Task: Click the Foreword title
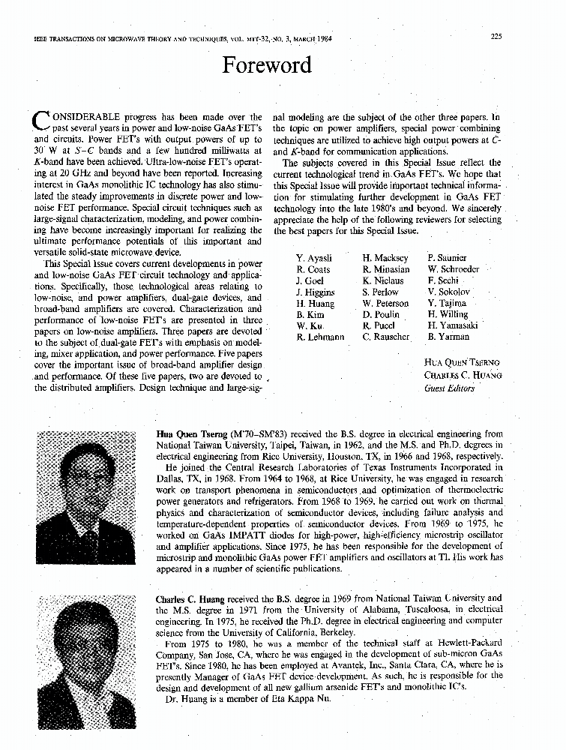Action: click(266, 65)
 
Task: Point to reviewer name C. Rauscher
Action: click(386, 337)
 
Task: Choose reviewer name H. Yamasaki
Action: click(452, 325)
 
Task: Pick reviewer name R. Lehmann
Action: click(320, 337)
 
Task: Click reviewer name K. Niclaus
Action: click(382, 280)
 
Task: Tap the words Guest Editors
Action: click(449, 388)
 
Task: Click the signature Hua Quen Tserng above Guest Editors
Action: click(462, 363)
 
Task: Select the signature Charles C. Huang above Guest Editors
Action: click(463, 375)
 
